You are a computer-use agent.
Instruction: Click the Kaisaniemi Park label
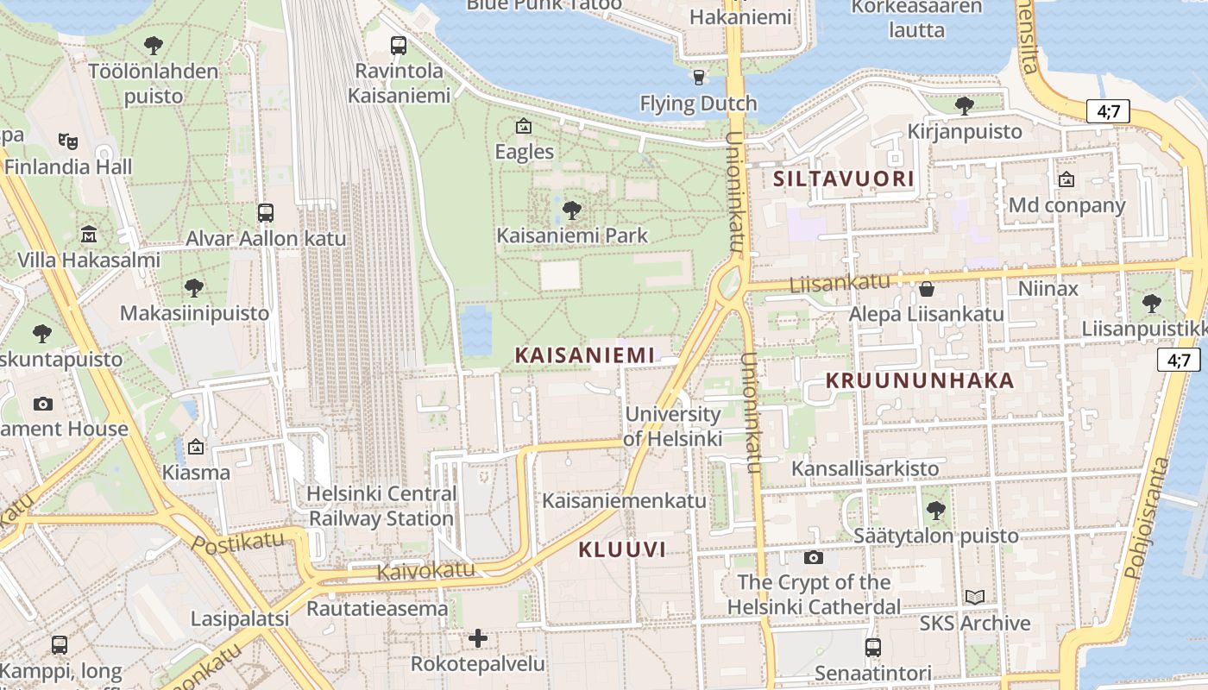coord(572,235)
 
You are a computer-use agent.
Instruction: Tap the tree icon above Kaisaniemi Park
coord(571,210)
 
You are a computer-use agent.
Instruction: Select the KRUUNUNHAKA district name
coord(920,380)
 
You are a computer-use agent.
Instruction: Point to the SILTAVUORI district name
coord(843,179)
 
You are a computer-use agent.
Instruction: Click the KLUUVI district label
coord(622,549)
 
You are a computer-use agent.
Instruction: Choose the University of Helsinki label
coord(672,426)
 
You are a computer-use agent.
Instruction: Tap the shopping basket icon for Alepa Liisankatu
coord(927,288)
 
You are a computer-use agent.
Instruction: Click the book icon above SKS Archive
coord(974,597)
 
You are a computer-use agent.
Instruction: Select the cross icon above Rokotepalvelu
coord(478,638)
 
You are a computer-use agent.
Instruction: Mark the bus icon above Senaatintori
coord(873,647)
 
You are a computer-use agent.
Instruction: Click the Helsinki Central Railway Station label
coord(382,506)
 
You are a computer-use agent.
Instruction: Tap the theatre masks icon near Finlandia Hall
coord(68,141)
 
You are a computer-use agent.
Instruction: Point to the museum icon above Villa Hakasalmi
coord(89,234)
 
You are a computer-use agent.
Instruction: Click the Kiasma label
coord(197,473)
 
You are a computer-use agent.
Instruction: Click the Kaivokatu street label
coord(425,570)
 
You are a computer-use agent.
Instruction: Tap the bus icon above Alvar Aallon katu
coord(266,212)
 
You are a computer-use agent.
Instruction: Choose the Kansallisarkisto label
coord(865,468)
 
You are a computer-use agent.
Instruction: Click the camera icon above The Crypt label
coord(813,557)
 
